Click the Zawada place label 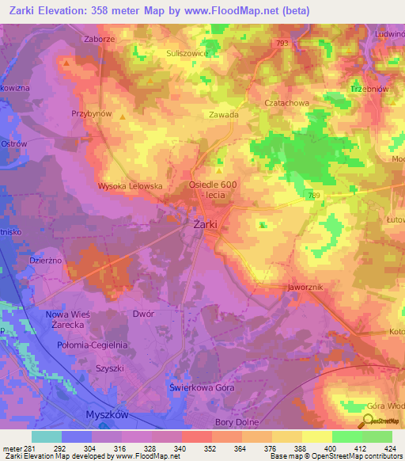[223, 114]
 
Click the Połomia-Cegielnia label [93, 345]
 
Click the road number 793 [282, 44]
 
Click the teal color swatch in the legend [47, 436]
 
